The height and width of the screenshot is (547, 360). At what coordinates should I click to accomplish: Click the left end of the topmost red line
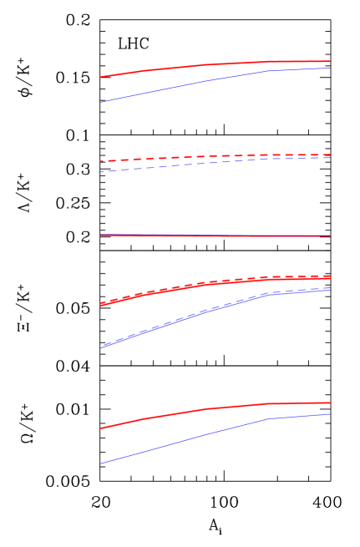100,77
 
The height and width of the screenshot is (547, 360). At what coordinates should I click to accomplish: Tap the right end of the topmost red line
330,61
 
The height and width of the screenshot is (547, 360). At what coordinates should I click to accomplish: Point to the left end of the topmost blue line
100,102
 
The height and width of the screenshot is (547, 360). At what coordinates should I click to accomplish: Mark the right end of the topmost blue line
330,68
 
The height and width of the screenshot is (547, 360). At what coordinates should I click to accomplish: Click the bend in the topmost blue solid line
269,70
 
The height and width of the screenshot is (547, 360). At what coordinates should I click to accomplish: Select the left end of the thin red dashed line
100,161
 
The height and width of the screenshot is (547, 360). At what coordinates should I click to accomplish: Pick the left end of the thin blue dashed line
100,172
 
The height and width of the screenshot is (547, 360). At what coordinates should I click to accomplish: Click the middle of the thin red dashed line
215,156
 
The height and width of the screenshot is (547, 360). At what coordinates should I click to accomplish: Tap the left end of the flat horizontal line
100,235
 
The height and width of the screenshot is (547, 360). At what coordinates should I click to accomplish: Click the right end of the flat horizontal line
330,236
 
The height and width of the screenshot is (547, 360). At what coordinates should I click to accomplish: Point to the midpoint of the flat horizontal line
215,236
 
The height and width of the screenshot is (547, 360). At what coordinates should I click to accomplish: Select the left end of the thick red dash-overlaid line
100,305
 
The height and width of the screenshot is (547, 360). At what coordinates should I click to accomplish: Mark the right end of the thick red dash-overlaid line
330,276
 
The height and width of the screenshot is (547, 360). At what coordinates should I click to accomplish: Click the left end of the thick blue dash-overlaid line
100,347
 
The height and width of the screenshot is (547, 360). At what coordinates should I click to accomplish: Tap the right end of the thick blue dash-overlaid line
330,289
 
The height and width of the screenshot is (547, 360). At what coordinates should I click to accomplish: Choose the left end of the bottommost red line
100,428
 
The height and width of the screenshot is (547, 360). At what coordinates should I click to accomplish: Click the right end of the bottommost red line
330,403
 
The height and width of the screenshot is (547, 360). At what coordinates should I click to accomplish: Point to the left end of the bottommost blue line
100,463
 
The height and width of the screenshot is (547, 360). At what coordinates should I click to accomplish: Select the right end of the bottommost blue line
330,414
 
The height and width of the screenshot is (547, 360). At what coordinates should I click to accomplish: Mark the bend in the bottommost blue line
269,418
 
